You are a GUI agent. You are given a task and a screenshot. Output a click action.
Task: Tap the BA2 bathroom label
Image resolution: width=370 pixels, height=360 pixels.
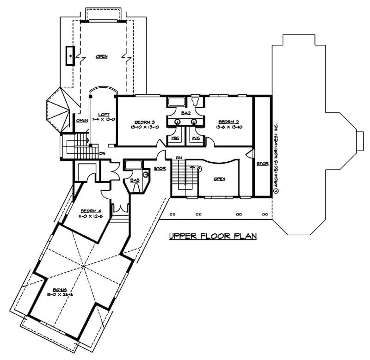(186, 112)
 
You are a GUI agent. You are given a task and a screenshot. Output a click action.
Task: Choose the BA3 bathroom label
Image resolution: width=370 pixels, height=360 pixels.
(136, 181)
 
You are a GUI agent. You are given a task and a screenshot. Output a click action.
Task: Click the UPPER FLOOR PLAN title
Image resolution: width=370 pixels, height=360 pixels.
(212, 236)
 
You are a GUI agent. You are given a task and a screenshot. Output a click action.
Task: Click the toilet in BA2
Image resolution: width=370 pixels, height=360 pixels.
(195, 101)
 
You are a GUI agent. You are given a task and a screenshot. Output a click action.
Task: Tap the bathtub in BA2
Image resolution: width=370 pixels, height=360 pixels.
(176, 102)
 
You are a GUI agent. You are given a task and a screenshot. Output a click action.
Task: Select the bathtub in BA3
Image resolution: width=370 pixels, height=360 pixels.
(133, 165)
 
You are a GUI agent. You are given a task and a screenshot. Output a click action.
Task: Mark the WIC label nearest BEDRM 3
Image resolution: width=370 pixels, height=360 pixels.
(175, 138)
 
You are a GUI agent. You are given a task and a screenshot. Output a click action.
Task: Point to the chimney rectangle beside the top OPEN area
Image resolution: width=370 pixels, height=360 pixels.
(70, 56)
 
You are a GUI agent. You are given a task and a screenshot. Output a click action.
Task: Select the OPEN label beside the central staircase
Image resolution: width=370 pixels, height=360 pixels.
(219, 179)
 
